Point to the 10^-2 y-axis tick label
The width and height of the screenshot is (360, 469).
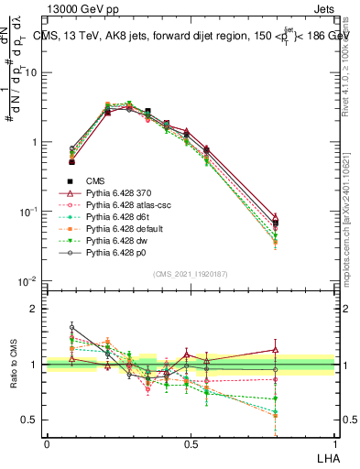(28, 281)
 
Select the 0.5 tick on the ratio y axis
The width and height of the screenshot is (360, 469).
(33, 420)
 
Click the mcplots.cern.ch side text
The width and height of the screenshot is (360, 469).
(351, 229)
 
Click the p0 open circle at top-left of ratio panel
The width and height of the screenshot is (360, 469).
(72, 327)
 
